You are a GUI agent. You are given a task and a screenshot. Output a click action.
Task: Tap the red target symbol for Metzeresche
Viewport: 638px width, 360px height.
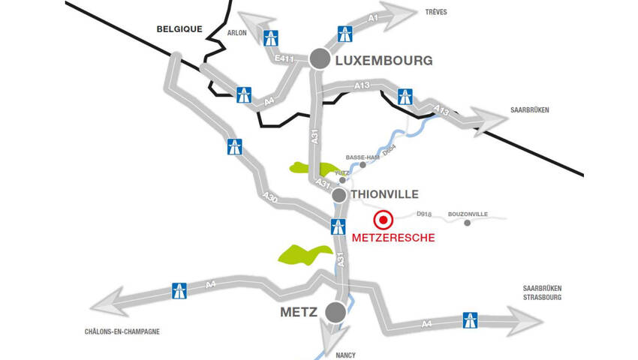point(384,220)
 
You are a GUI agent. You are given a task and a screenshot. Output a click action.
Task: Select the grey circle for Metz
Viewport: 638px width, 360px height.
point(335,312)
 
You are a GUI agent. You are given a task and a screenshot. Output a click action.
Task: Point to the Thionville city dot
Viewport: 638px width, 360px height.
point(339,195)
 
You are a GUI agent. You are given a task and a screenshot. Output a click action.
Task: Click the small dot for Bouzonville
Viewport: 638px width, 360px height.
point(468,223)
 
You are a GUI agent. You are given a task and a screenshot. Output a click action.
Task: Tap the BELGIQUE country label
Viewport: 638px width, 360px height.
point(180,29)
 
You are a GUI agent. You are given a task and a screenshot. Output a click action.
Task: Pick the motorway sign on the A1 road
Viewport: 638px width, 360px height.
point(345,33)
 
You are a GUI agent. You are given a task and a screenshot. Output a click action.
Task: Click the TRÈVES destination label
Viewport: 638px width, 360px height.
point(436,13)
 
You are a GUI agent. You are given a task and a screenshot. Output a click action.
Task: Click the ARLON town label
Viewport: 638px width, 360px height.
point(237,33)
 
